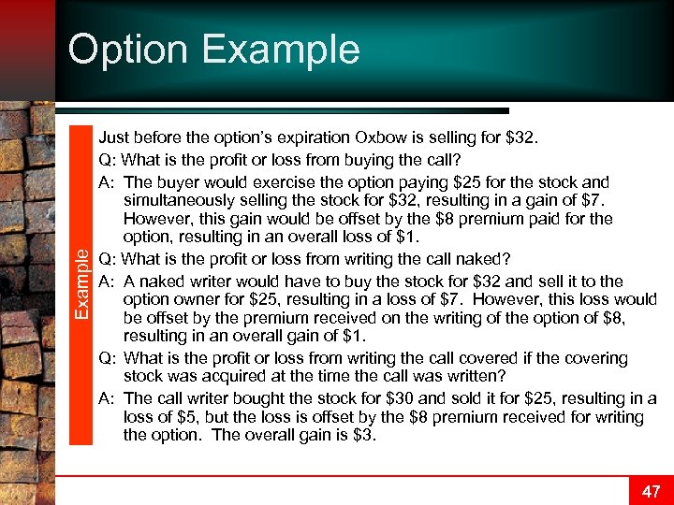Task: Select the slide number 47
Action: [x=651, y=490]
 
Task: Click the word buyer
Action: [x=179, y=182]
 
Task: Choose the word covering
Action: [x=594, y=358]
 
